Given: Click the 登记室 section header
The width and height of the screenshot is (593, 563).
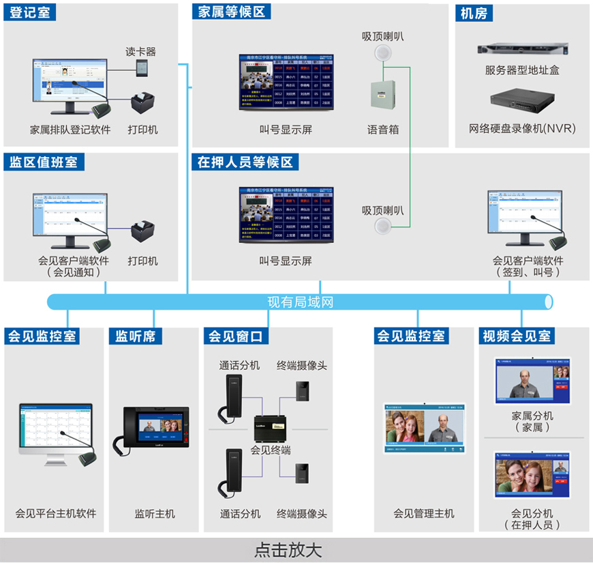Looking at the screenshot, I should (x=31, y=12).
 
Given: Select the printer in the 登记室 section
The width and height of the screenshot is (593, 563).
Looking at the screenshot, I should (x=144, y=104).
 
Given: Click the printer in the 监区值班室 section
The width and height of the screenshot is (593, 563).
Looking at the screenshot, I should (x=144, y=234).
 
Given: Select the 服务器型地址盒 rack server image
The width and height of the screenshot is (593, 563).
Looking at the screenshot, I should (x=523, y=49).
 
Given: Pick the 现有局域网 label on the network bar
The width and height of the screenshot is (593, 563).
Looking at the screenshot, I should (x=300, y=302).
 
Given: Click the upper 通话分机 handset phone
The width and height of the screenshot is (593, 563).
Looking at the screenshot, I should (x=230, y=396).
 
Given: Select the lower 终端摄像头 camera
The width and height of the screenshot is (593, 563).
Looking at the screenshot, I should (x=302, y=473).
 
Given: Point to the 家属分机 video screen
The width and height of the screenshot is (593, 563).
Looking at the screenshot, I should (x=532, y=381).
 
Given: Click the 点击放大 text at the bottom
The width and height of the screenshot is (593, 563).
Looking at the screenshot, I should (x=288, y=550).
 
